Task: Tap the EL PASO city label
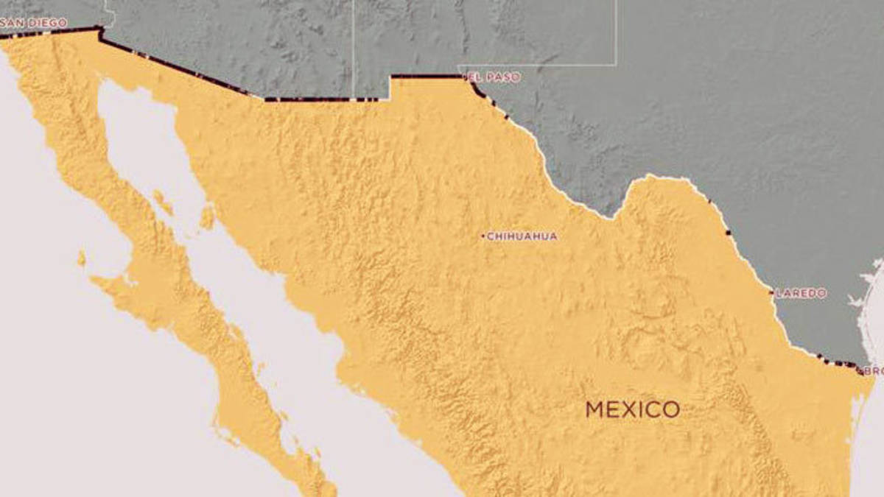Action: [x=494, y=77]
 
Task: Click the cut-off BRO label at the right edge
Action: [x=873, y=371]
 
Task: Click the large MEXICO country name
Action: [x=632, y=409]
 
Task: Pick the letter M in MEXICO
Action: [x=595, y=409]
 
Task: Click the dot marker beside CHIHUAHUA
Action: [x=483, y=236]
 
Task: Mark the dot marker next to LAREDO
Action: [x=772, y=292]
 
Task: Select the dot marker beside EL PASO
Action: [x=465, y=76]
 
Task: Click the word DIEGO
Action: [x=50, y=23]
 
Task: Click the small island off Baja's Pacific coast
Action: [x=81, y=258]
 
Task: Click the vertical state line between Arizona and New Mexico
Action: [x=354, y=44]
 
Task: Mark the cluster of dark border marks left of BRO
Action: [x=836, y=362]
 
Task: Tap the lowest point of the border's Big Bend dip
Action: [x=611, y=216]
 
